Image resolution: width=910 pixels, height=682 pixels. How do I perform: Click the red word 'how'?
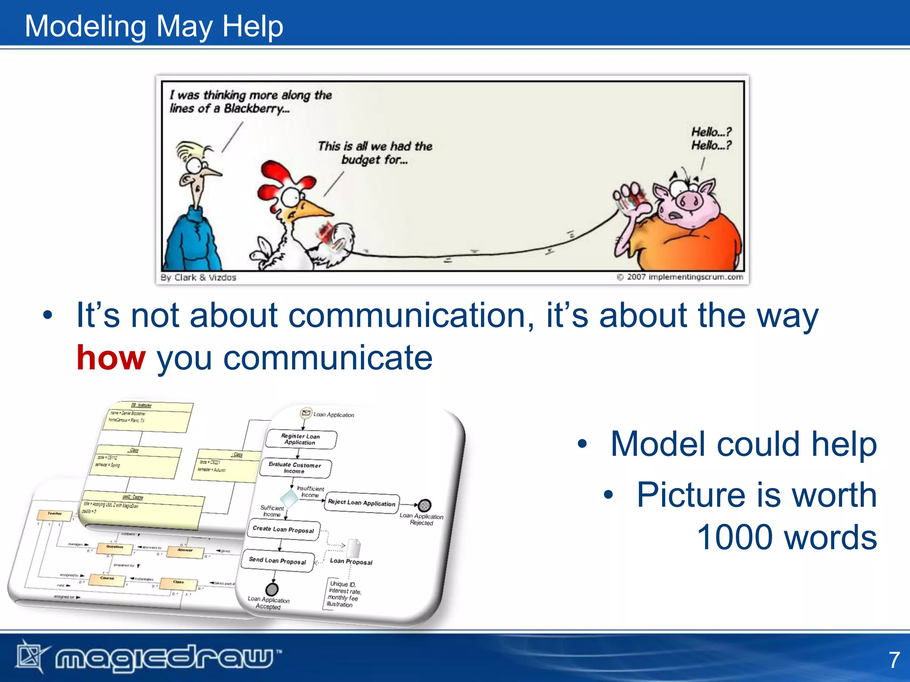pos(111,358)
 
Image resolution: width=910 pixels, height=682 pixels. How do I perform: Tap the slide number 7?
pos(894,660)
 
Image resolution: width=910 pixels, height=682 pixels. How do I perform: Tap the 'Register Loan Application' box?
pos(301,439)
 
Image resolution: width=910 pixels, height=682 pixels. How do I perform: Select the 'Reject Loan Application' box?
pos(361,503)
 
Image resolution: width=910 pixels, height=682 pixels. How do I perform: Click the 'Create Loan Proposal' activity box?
pos(283,529)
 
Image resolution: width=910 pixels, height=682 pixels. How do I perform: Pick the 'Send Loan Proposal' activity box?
pos(278,561)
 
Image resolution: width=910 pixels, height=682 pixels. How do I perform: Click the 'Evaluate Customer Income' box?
pos(295,468)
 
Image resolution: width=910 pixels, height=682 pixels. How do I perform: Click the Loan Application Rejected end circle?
pos(425,505)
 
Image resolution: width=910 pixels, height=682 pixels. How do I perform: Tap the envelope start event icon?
pos(306,413)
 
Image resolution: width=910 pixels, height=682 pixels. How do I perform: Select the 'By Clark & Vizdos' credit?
pos(198,278)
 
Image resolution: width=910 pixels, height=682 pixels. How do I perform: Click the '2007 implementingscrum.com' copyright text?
pos(684,277)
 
